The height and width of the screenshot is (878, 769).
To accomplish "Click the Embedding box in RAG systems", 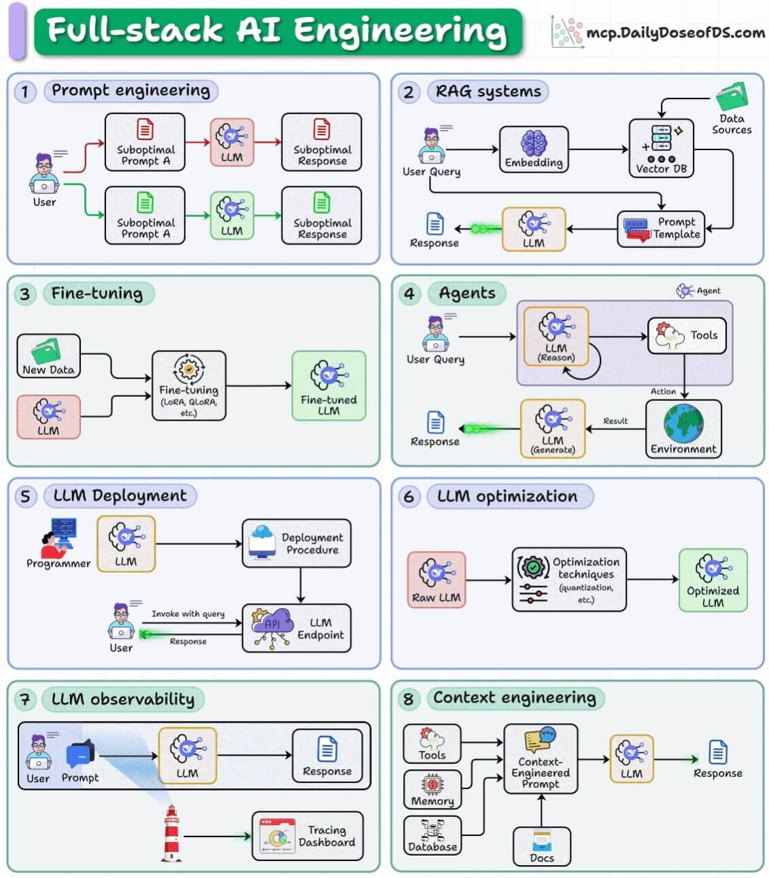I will coord(533,150).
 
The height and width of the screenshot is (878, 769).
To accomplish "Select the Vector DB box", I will coord(661,148).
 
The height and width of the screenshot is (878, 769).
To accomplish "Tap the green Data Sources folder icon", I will coord(732,96).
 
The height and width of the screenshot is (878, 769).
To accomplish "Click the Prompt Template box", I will coord(662,229).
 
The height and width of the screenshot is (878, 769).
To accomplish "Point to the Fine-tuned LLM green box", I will coord(328,386).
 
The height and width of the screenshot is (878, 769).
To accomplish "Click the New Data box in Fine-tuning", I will coord(48,356).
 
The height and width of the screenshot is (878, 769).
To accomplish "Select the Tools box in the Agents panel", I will coord(687,336).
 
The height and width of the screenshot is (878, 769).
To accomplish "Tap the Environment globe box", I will coord(683,429).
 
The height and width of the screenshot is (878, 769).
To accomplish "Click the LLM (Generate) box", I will coord(553,429).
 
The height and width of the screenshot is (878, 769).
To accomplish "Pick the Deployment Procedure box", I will coord(296,544).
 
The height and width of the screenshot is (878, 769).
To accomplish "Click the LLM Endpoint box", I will coord(296,629).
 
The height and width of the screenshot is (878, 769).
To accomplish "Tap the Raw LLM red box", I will coord(437,580).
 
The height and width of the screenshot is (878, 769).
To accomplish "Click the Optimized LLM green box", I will coord(713,580).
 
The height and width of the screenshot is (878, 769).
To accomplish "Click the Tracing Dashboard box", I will coord(307,837).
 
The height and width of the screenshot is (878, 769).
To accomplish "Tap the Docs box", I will coord(541,847).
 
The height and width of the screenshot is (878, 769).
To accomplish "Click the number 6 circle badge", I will coord(409,497).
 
